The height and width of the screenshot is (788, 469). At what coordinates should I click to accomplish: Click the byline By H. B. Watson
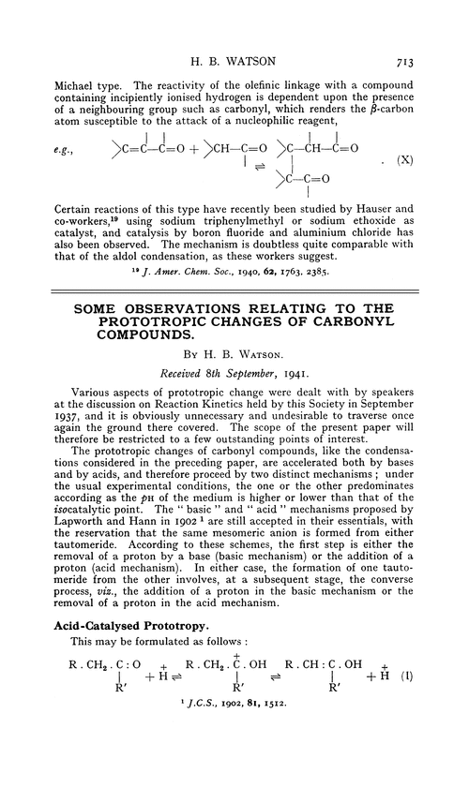[x=234, y=380]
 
